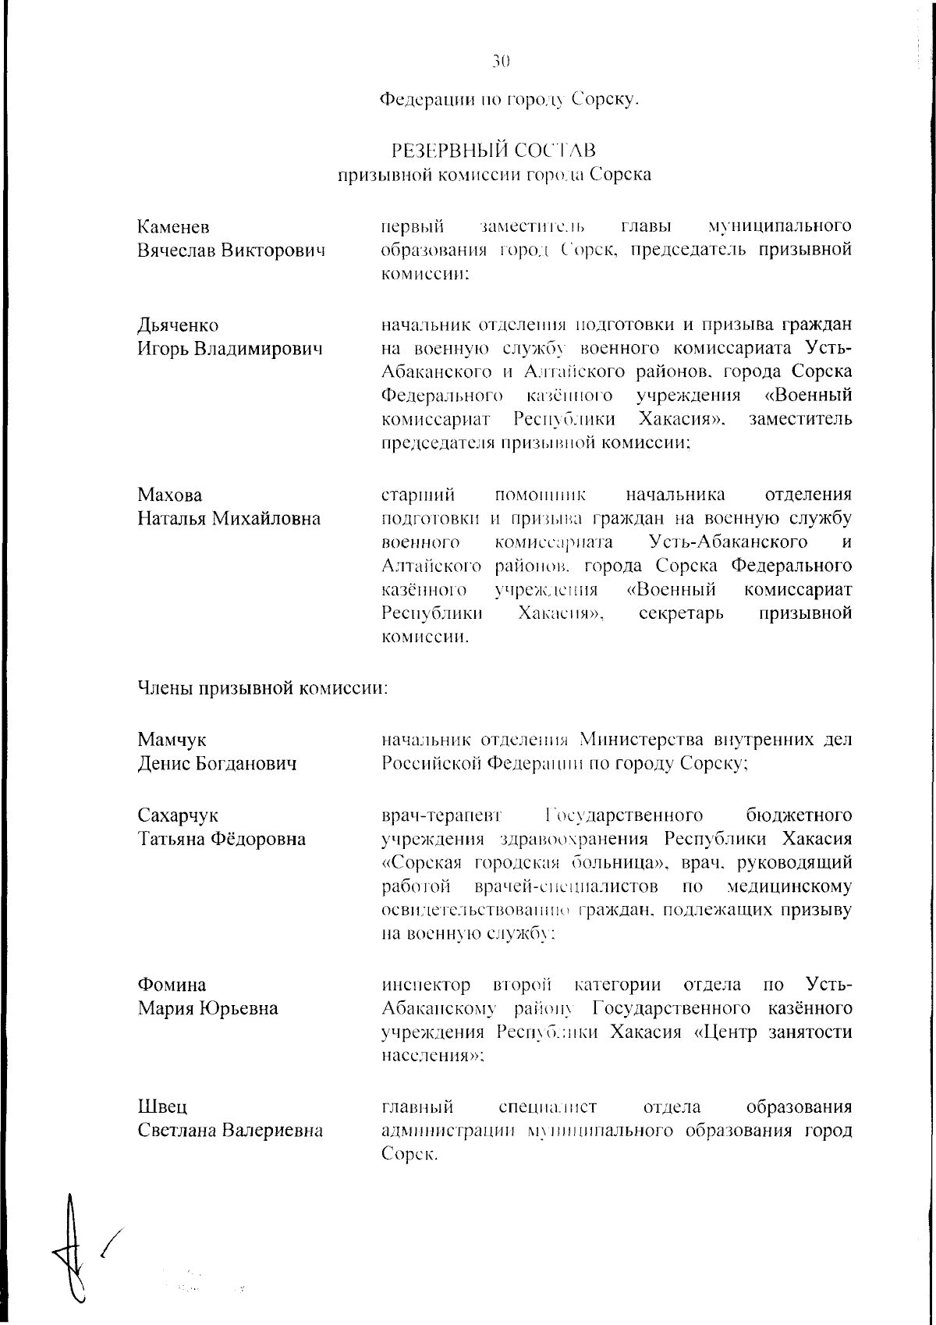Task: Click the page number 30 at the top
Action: coord(501,61)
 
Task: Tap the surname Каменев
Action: coord(174,227)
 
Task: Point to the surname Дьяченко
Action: coord(178,325)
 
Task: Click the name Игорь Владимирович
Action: coord(230,349)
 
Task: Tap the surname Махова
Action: coord(169,496)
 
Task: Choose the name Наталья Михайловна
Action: coord(229,519)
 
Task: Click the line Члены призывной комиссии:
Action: coord(263,688)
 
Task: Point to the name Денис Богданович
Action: coord(218,763)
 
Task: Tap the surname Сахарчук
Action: coord(179,815)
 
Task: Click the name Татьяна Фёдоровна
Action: coord(222,840)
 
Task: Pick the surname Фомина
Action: coord(172,985)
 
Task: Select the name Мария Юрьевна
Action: coord(208,1009)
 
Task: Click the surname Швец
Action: coord(162,1107)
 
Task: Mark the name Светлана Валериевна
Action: coord(231,1131)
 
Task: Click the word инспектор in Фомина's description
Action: coord(426,985)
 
